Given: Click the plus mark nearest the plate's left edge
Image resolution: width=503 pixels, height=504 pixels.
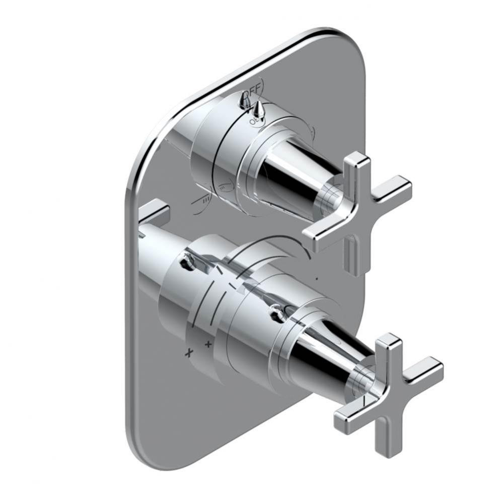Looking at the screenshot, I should pos(189,352).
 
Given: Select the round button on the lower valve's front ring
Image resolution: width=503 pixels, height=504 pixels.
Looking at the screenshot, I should pos(275,315).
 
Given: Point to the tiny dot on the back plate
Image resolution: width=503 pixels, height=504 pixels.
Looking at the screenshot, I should pos(316,278).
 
